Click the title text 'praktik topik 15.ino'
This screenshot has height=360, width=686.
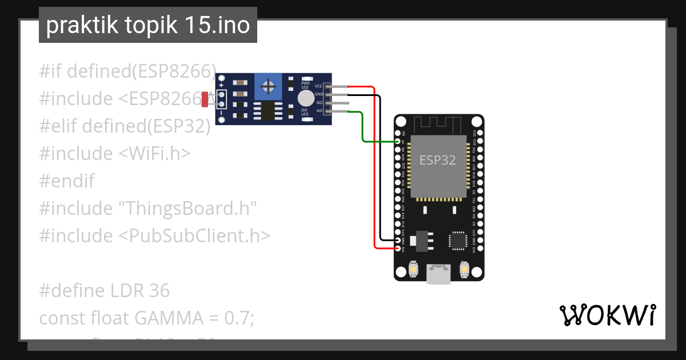click(147, 26)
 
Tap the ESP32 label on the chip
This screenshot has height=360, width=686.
click(438, 160)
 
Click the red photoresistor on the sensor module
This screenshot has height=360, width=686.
click(205, 99)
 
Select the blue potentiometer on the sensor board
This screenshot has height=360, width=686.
click(266, 87)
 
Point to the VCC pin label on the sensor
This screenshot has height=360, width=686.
click(318, 86)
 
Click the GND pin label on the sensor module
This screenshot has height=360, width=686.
click(318, 94)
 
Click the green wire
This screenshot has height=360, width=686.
click(364, 129)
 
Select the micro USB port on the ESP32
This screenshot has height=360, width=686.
click(438, 274)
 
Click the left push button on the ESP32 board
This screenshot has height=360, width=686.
click(414, 269)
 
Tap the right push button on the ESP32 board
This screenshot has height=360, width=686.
click(464, 269)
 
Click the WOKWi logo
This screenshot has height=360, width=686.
click(607, 315)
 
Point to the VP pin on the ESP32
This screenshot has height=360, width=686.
click(399, 141)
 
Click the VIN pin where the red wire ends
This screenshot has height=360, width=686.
click(399, 248)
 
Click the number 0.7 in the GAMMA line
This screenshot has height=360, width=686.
click(240, 318)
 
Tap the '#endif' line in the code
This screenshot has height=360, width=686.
click(66, 181)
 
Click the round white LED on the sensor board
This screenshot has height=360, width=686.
click(306, 98)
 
